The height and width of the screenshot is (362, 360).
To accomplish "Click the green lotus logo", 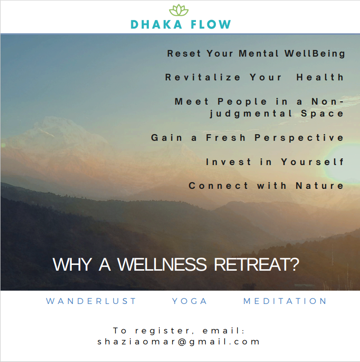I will (x=179, y=10).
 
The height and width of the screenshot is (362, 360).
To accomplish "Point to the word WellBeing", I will (x=315, y=53).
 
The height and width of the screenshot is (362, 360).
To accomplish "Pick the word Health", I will (x=321, y=77).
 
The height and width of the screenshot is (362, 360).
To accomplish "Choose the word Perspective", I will (x=300, y=137).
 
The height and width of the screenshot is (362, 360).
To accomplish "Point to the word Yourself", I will (x=312, y=162).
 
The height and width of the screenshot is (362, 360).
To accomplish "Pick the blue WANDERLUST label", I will (x=91, y=301).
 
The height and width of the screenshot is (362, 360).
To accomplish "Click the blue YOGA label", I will (x=190, y=301).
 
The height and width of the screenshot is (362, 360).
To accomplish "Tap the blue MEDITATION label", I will (x=285, y=301).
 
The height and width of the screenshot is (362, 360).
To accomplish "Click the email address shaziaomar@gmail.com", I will (x=179, y=342).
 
